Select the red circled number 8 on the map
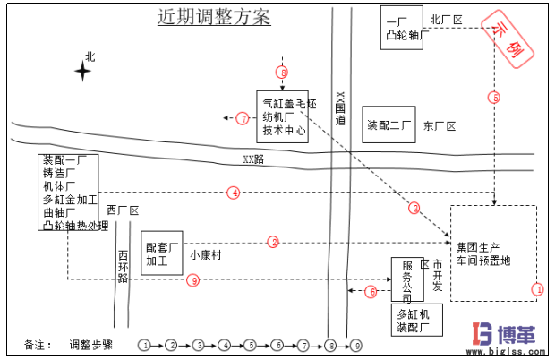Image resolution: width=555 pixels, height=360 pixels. tap(283, 72)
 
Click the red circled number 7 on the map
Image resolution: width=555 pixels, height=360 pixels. tap(243, 117)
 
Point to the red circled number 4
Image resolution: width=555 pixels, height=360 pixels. tap(234, 192)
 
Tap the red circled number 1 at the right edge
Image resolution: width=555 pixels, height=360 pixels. tap(537, 289)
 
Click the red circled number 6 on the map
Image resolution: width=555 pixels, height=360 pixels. tap(371, 292)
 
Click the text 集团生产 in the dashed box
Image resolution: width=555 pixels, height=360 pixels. tap(478, 246)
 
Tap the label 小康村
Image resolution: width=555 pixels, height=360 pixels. tap(205, 254)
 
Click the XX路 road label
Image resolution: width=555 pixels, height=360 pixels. tap(253, 159)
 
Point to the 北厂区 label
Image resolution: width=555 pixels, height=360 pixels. tap(445, 18)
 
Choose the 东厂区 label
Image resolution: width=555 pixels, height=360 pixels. tap(439, 126)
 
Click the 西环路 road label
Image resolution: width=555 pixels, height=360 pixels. tap(123, 265)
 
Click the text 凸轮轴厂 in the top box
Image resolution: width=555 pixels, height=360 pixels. tap(402, 37)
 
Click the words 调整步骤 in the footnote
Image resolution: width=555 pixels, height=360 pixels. tap(91, 344)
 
